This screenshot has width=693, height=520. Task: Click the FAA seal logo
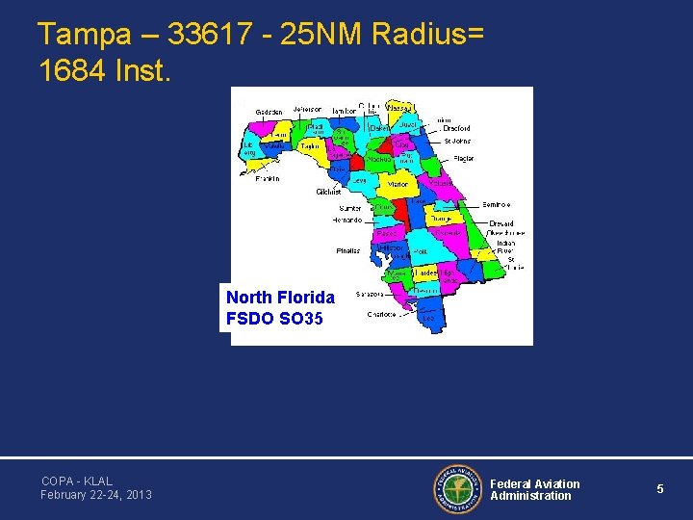click(x=457, y=489)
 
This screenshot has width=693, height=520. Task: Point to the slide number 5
click(x=660, y=489)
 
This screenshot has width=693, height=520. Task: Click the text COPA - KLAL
click(x=77, y=481)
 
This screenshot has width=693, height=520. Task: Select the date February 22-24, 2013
click(x=96, y=495)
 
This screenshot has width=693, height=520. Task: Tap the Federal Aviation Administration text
click(x=535, y=489)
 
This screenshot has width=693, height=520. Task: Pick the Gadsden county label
click(x=269, y=112)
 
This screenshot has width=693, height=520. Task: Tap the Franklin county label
click(x=268, y=178)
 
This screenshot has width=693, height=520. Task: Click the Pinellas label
click(x=348, y=250)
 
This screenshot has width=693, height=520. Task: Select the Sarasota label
click(x=372, y=294)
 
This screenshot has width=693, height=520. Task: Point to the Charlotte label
click(x=381, y=314)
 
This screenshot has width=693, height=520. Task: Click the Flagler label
click(x=464, y=158)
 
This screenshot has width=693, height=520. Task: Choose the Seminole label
click(x=496, y=204)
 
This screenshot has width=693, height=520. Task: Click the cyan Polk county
click(x=421, y=250)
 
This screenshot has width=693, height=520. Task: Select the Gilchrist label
click(x=328, y=192)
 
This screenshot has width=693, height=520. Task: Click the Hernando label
click(x=347, y=220)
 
